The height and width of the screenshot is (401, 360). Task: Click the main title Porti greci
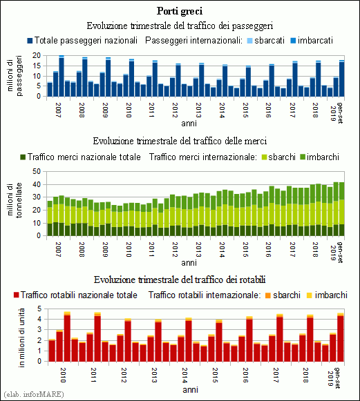click(x=180, y=11)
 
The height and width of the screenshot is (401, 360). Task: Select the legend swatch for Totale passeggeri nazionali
click(x=30, y=41)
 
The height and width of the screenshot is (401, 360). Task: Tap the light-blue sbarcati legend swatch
click(x=250, y=41)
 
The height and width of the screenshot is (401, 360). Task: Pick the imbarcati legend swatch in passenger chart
click(x=293, y=41)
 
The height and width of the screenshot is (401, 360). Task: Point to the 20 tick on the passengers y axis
click(x=37, y=55)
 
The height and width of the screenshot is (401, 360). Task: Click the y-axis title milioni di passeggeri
click(x=15, y=76)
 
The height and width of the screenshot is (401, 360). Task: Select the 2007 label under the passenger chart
click(x=58, y=110)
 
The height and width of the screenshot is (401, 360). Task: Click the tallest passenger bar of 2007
click(x=61, y=76)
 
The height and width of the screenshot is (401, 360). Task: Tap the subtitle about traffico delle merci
click(x=180, y=141)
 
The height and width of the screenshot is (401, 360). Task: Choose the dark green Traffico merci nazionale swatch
click(x=23, y=157)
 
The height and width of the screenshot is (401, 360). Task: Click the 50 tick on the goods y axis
click(x=37, y=171)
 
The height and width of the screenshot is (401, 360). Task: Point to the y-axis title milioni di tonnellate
click(x=15, y=200)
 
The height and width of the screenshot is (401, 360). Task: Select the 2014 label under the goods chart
click(x=222, y=250)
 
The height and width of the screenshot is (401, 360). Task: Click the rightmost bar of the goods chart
click(x=341, y=209)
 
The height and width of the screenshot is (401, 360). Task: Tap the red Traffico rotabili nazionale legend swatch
click(x=17, y=295)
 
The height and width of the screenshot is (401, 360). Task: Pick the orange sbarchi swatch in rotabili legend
click(x=268, y=295)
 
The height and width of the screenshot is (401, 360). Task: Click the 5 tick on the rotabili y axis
click(x=39, y=309)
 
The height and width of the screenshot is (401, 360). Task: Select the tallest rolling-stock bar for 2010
click(x=67, y=337)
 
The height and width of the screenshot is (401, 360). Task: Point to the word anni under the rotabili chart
click(x=191, y=390)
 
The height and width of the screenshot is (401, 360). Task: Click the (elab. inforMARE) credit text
click(x=34, y=394)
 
